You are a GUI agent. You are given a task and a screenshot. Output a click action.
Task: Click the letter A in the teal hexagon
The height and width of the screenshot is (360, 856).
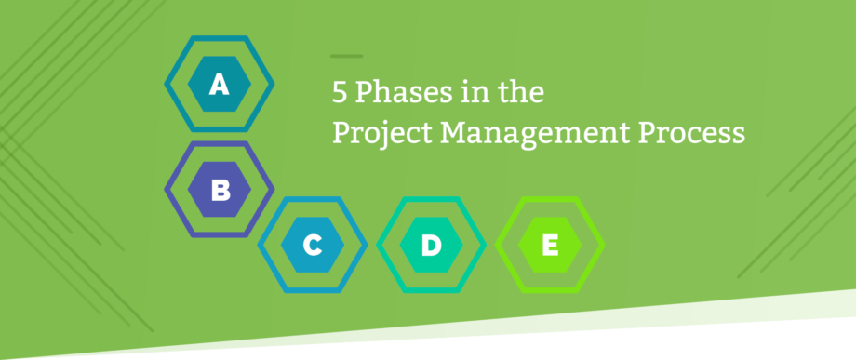219,86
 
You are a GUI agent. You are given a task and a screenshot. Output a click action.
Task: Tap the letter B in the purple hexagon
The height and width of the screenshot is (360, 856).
221,191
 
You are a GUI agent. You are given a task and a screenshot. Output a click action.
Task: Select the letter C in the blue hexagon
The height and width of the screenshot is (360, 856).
313,246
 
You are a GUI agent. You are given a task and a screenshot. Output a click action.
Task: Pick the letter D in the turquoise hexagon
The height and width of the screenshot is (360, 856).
431,246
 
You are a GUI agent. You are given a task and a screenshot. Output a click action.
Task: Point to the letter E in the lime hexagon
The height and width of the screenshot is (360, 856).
550,246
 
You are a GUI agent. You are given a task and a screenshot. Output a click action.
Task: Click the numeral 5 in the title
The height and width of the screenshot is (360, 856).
340,93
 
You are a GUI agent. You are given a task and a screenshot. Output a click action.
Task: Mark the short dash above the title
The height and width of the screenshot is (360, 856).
346,57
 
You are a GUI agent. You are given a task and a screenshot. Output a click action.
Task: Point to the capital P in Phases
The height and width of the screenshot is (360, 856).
365,93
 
